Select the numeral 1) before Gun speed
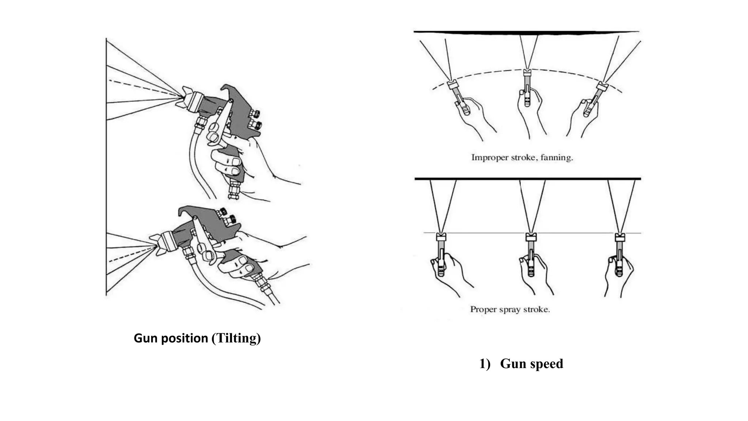click(x=485, y=364)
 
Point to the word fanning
click(x=556, y=158)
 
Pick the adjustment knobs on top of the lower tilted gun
click(x=226, y=216)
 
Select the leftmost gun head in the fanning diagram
click(x=453, y=84)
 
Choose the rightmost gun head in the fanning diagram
click(x=602, y=87)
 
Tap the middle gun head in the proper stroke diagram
click(x=531, y=237)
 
